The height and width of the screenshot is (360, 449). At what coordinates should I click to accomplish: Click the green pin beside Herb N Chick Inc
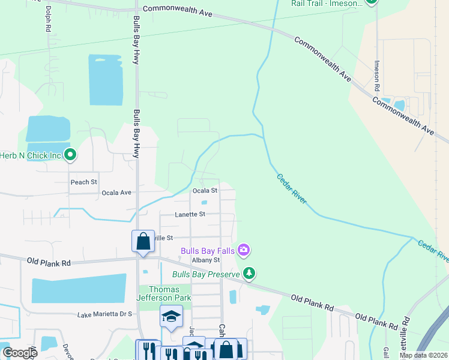(70, 155)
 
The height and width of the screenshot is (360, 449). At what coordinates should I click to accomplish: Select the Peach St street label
(83, 182)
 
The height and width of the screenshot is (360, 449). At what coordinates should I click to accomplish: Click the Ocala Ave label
(116, 193)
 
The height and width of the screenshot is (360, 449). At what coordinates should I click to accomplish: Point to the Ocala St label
(205, 190)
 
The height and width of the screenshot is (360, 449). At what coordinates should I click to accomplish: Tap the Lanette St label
(190, 214)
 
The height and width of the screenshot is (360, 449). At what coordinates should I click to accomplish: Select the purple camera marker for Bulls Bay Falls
(244, 249)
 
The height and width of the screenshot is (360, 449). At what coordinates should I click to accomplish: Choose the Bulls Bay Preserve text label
(206, 274)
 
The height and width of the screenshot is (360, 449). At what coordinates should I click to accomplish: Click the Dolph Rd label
(47, 19)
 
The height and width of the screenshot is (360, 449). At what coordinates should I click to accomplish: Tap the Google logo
(19, 352)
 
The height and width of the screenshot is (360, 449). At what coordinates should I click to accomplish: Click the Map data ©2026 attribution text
(423, 355)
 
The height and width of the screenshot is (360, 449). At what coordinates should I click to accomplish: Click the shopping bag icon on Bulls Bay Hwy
(143, 241)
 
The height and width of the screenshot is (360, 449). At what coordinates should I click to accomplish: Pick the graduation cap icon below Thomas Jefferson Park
(171, 316)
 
